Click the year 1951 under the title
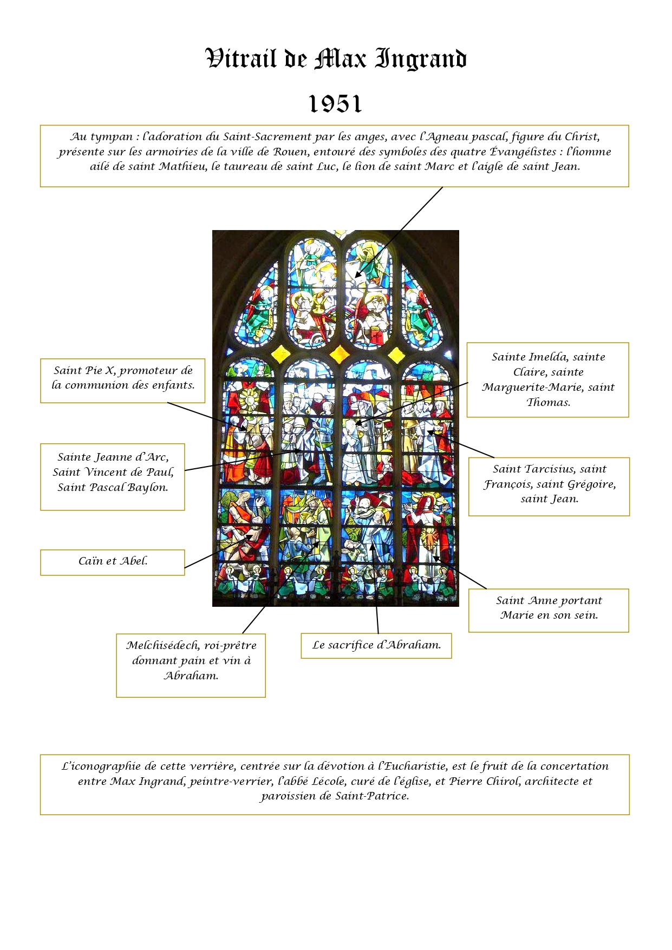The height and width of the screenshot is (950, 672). point(335,104)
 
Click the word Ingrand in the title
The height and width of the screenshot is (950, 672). point(421,59)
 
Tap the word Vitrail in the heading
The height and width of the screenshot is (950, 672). point(241,58)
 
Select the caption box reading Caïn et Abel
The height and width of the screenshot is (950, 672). point(113,561)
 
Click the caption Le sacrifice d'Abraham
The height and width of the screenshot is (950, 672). point(376,645)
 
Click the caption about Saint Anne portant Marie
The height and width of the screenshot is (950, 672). point(549,608)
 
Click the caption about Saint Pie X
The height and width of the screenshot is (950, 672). point(123,378)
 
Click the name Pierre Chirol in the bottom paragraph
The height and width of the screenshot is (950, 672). point(484,782)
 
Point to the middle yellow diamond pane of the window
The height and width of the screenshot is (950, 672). point(340,354)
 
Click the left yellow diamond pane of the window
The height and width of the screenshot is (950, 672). point(280,354)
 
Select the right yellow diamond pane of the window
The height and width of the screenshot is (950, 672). point(397,355)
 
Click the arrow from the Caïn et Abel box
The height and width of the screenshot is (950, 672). point(217,551)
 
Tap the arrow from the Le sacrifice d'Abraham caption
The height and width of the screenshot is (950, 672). point(375,590)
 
